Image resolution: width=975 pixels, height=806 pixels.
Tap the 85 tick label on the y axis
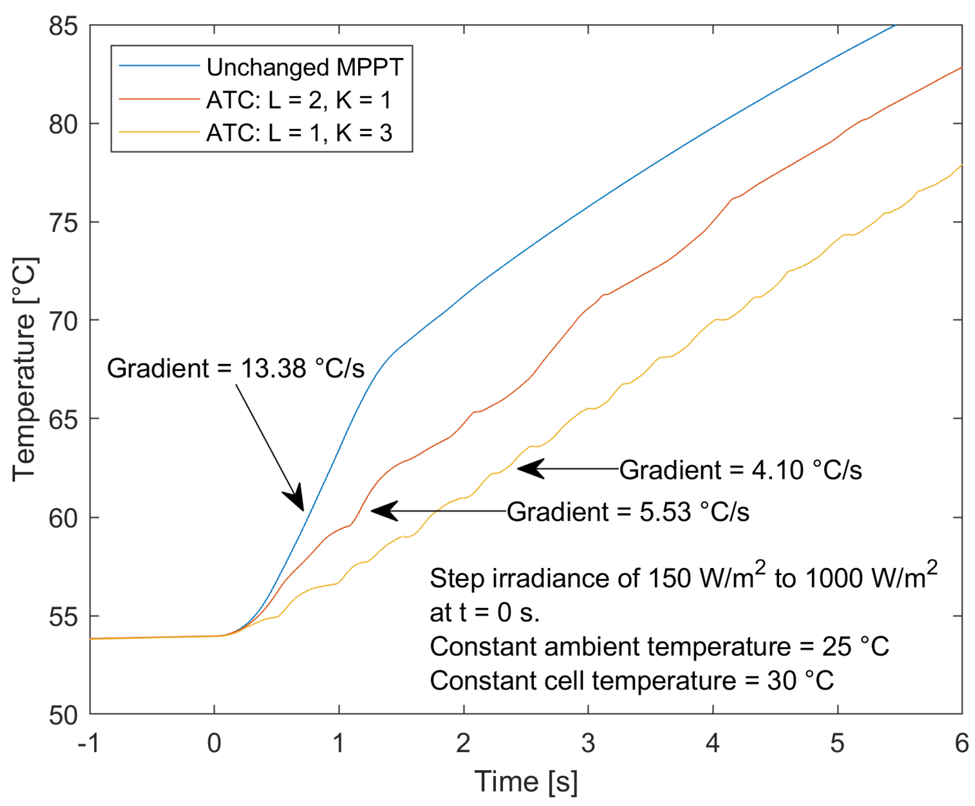tap(63, 26)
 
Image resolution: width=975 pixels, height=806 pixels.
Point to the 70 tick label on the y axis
tap(63, 321)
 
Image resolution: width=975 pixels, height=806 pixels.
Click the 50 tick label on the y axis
tap(63, 715)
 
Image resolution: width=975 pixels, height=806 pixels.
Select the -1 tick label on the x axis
tap(88, 743)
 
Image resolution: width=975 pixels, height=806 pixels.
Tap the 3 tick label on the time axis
tap(588, 743)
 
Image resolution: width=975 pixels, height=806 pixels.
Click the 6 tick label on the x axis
tap(962, 743)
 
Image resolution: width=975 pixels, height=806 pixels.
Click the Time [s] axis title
tap(526, 781)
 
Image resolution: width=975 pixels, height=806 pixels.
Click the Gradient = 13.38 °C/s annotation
tap(235, 368)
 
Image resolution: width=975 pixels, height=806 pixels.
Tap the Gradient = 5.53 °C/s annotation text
tap(627, 511)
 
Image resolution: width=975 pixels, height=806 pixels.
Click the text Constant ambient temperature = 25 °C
tap(659, 646)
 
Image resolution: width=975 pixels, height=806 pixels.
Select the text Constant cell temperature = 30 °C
tap(631, 680)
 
